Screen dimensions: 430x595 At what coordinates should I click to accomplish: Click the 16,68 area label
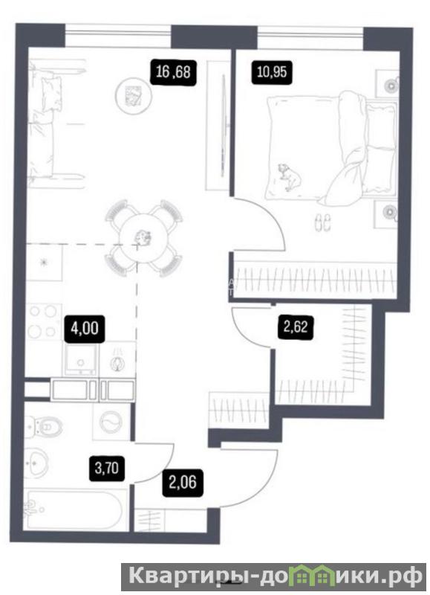[173, 71]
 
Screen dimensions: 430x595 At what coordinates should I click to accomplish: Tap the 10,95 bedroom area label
[272, 71]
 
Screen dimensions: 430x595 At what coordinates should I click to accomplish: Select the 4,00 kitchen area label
[85, 328]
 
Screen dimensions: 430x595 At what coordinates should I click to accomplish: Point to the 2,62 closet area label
[296, 327]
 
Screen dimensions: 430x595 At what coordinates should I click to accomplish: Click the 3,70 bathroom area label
[107, 469]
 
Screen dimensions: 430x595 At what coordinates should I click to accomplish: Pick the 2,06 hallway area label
[183, 483]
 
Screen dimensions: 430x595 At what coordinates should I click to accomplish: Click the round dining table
[143, 238]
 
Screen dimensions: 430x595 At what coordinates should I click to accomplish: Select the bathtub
[74, 509]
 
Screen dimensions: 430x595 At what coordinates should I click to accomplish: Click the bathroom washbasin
[36, 462]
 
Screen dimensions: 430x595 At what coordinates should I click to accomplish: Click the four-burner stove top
[43, 321]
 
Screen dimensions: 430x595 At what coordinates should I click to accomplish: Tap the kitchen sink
[81, 358]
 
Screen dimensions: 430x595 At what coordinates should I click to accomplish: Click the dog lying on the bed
[289, 176]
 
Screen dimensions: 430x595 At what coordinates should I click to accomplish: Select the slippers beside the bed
[322, 222]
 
